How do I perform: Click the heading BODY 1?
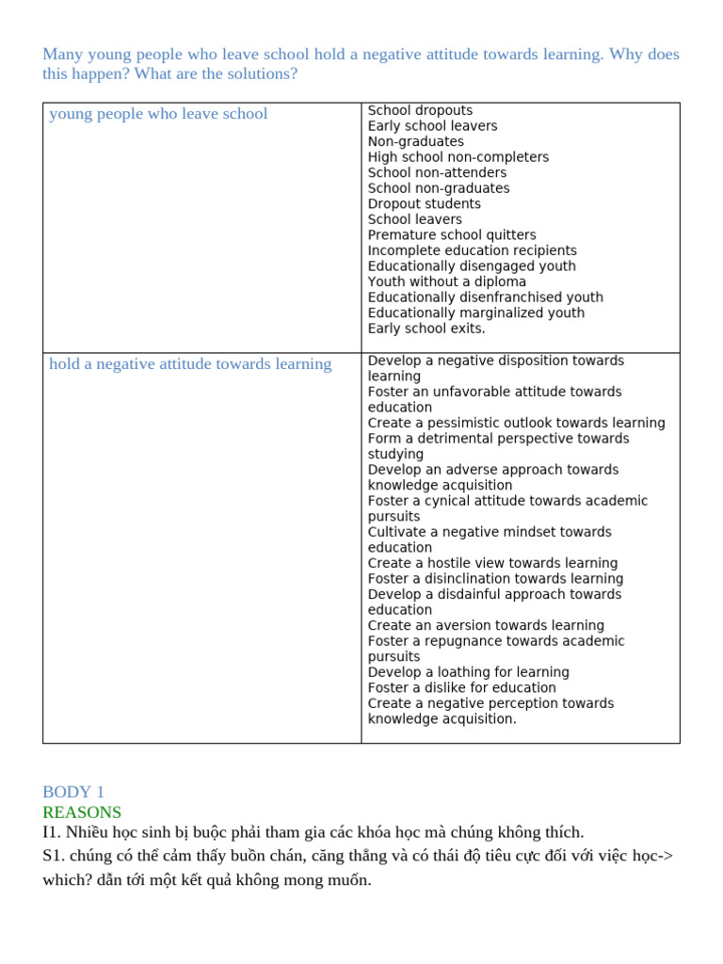(73, 792)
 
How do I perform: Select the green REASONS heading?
(82, 811)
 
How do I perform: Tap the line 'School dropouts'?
(420, 110)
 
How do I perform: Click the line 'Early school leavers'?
(432, 126)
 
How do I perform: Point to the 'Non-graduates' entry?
(415, 141)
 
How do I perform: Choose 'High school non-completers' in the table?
(458, 157)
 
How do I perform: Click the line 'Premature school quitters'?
(452, 235)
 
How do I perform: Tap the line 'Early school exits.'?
(426, 329)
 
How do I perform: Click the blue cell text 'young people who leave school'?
(158, 114)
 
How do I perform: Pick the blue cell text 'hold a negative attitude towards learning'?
(190, 364)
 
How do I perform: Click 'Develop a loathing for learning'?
(468, 672)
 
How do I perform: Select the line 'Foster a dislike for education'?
(461, 688)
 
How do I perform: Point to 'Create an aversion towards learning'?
(486, 625)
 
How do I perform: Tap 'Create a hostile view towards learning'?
(492, 563)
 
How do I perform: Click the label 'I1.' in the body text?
(52, 832)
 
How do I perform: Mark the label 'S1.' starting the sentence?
(53, 856)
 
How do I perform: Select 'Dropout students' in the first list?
(424, 203)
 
